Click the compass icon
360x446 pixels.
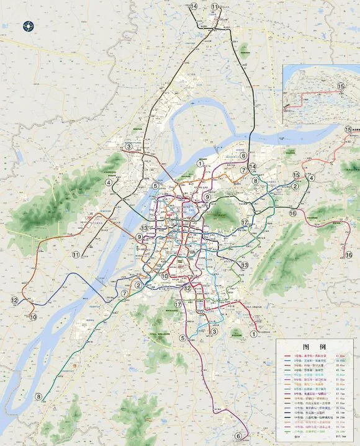pyautogui.click(x=28, y=25)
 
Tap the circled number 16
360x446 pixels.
pyautogui.click(x=292, y=213)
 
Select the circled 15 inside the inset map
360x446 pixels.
pyautogui.click(x=340, y=86)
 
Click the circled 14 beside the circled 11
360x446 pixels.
pyautogui.click(x=194, y=6)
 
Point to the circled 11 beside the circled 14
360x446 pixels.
pyautogui.click(x=215, y=6)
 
